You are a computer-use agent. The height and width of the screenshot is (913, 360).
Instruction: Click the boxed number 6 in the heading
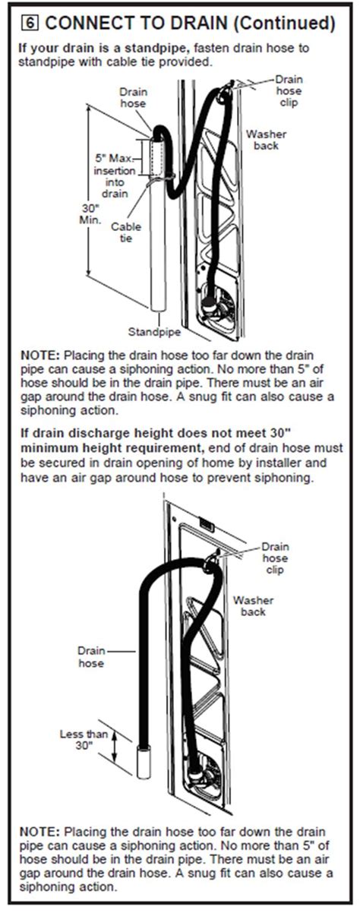point(26,23)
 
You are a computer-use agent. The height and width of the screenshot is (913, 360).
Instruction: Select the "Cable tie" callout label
point(126,232)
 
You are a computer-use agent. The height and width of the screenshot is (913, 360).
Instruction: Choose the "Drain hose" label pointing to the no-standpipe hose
point(90,656)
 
